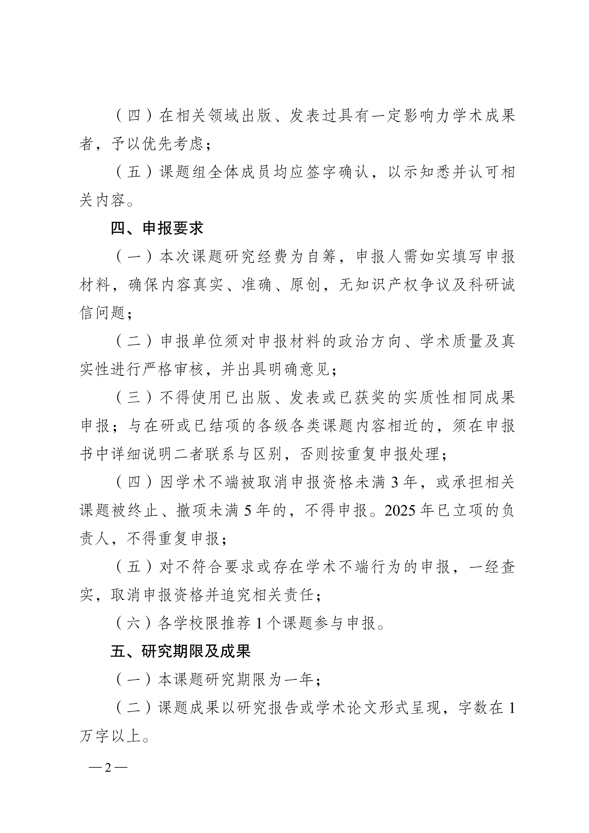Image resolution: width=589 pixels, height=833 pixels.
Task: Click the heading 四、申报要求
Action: tap(157, 228)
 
